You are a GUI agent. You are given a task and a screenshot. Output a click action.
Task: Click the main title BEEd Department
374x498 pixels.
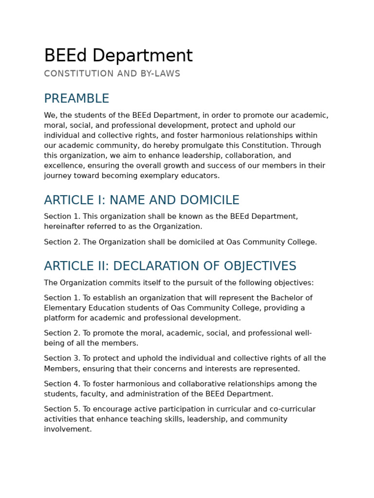tap(118, 56)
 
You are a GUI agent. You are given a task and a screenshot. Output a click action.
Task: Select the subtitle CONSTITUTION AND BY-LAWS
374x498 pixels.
tap(112, 74)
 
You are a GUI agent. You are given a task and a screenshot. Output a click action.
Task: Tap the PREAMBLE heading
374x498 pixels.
tap(76, 99)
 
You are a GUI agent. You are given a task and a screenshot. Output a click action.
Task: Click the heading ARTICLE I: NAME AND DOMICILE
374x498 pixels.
tap(142, 200)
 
